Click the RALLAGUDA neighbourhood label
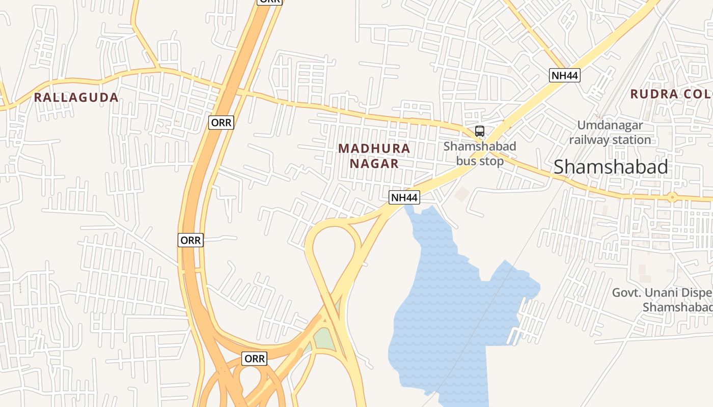click(x=76, y=97)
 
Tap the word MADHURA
click(x=374, y=149)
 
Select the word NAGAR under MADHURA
click(x=374, y=164)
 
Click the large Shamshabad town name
click(x=611, y=167)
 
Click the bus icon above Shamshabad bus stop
click(x=479, y=131)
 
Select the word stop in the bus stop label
click(x=491, y=161)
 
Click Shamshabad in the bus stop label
click(x=479, y=147)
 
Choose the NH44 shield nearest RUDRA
click(x=565, y=76)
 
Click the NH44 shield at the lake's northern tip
click(x=404, y=197)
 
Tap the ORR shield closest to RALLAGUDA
click(x=221, y=123)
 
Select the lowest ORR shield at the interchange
click(x=254, y=359)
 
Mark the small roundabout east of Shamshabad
click(x=672, y=197)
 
